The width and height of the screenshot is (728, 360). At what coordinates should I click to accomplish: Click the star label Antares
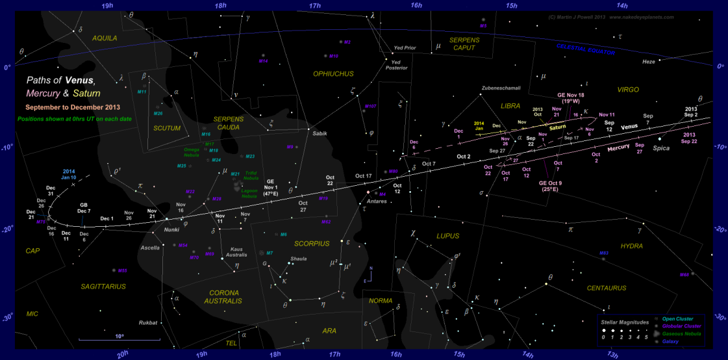(x=377, y=201)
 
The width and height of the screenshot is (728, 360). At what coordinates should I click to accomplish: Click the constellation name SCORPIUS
(x=312, y=244)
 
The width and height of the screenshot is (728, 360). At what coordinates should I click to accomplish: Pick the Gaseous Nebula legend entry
(x=683, y=333)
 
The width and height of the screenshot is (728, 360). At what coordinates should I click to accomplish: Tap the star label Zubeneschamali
(x=501, y=88)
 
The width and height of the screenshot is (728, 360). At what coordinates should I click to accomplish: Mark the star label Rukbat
(x=149, y=322)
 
